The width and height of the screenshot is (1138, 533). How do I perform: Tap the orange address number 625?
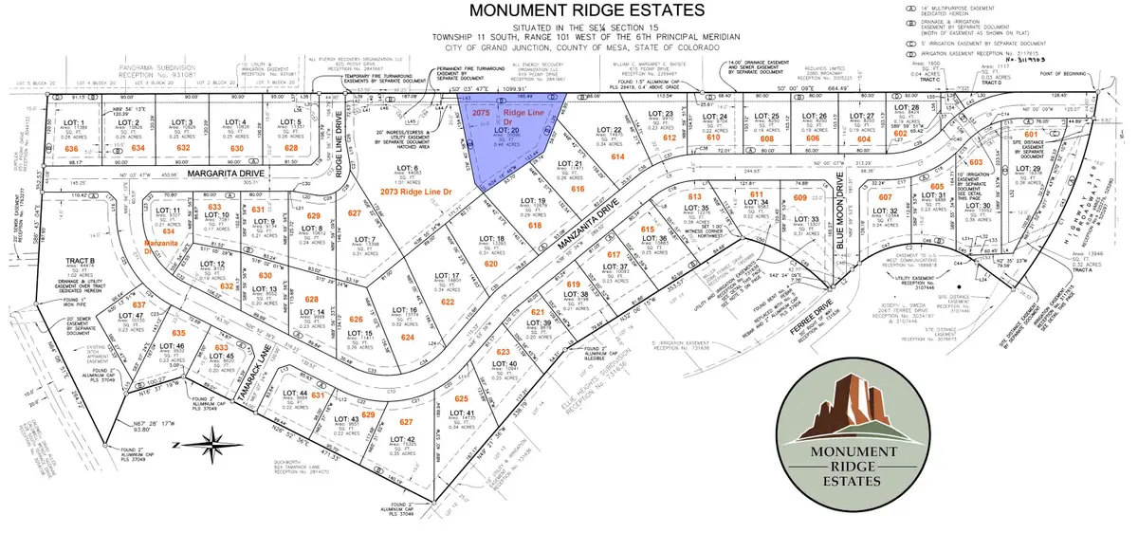pyautogui.click(x=462, y=399)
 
